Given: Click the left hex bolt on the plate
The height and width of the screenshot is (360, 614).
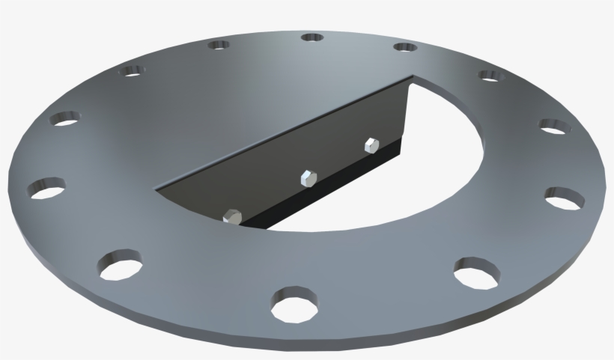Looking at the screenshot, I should [232, 216].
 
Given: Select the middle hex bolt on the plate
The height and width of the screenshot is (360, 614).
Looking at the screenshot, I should [308, 178].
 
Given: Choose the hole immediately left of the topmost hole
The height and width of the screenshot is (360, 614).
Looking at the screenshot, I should [219, 45].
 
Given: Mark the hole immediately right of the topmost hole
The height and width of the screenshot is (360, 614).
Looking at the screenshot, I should [405, 47].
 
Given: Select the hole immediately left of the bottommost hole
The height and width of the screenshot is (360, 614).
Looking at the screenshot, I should [120, 263].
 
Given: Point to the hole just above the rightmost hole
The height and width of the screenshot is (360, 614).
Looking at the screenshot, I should [552, 127].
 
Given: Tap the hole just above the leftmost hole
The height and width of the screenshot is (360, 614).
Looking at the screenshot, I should [65, 118].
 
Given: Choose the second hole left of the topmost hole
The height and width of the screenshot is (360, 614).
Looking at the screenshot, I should [133, 71].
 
